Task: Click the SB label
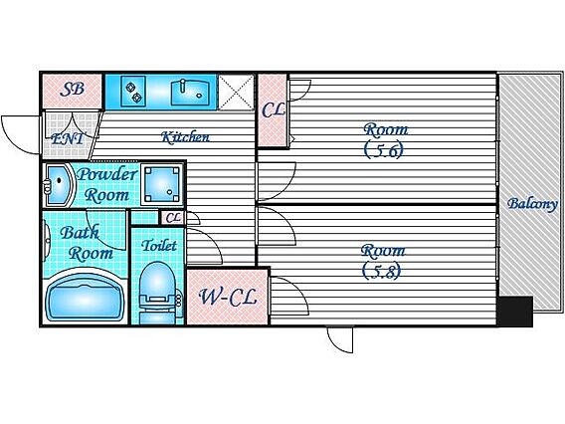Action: point(72,89)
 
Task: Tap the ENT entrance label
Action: point(68,138)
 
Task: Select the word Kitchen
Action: point(185,137)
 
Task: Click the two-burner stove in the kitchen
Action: point(133,92)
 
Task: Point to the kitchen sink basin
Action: point(190,93)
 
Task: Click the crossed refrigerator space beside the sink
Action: point(236,92)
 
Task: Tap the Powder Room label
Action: point(107,184)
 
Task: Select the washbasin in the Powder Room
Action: point(58,185)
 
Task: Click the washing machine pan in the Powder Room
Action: point(162,184)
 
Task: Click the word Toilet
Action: point(159,246)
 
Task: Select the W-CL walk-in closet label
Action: point(228,297)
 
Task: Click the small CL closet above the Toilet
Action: point(173,217)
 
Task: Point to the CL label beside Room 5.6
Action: point(274,109)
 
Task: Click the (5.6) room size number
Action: point(384,149)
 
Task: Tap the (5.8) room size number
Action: point(382,271)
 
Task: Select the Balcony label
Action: point(532,204)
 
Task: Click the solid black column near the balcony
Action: point(515,312)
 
